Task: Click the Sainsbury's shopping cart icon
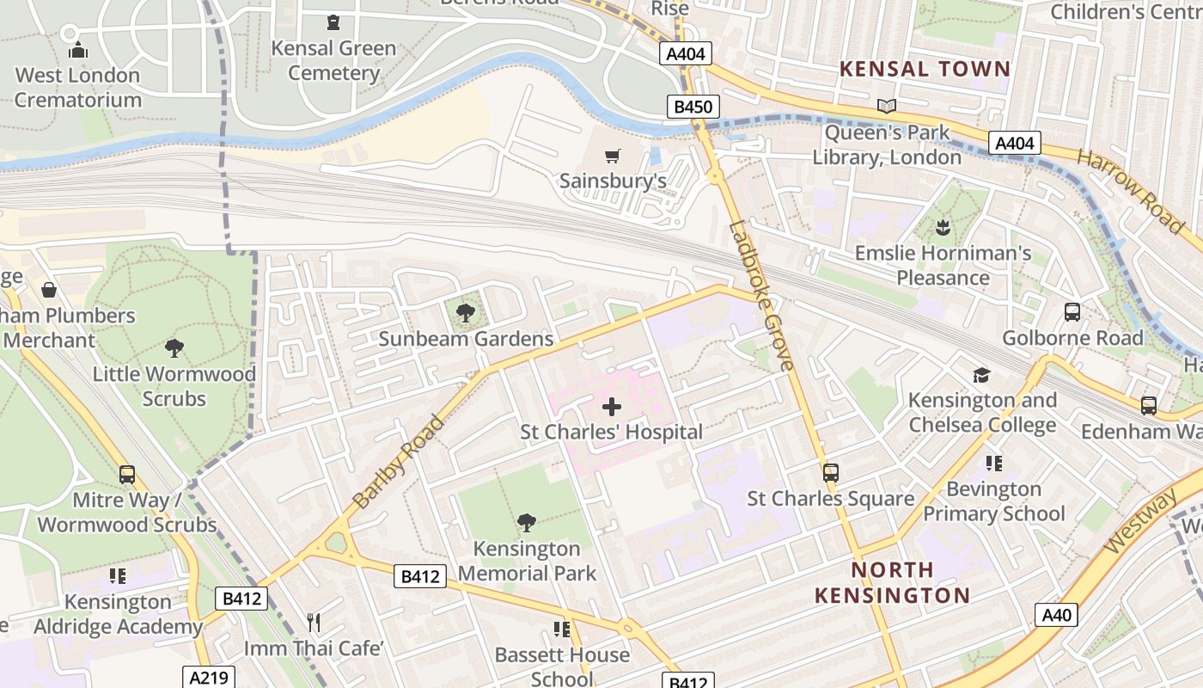(x=612, y=156)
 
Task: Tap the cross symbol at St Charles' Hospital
(x=612, y=406)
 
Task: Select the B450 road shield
(x=693, y=107)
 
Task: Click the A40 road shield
(x=1056, y=615)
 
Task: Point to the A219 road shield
(x=208, y=678)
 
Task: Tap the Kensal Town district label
(x=925, y=69)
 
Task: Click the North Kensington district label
(x=892, y=582)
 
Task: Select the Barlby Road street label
(x=400, y=461)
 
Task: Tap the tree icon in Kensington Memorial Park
(x=527, y=522)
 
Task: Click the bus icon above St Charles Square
(x=830, y=472)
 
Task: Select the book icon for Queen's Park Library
(x=887, y=107)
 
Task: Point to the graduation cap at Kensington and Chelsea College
(x=981, y=375)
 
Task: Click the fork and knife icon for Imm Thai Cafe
(x=314, y=623)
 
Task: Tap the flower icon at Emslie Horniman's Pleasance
(x=943, y=228)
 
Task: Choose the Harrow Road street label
(x=1130, y=191)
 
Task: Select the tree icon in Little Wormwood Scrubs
(x=174, y=348)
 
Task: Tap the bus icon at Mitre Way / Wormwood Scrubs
(x=127, y=474)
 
